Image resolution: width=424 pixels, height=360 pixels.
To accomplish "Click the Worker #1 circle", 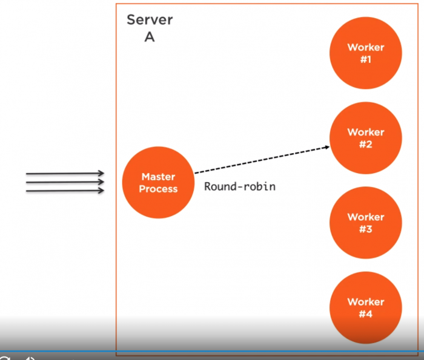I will (x=365, y=53).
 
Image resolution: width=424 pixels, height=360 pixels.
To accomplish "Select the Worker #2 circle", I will (x=365, y=138).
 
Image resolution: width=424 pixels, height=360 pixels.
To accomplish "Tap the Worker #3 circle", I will (x=365, y=223).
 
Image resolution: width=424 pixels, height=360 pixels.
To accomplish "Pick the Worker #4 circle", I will (x=365, y=307).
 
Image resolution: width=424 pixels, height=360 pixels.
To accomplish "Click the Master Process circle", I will (x=158, y=183).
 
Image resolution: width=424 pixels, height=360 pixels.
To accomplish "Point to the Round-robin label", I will (x=240, y=186).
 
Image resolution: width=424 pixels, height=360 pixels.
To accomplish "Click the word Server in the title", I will (x=150, y=20).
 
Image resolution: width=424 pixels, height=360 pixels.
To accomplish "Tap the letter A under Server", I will (x=149, y=36).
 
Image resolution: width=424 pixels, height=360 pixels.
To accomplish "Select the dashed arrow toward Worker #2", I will (x=260, y=160).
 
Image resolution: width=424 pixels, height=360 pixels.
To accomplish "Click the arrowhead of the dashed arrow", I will (x=326, y=147).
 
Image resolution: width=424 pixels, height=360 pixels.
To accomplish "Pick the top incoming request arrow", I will (x=65, y=174).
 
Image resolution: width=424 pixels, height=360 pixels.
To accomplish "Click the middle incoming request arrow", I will (x=65, y=182).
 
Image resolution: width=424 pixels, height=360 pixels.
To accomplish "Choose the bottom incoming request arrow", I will (x=65, y=191).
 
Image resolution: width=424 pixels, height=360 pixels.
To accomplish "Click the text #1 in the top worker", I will (x=365, y=59).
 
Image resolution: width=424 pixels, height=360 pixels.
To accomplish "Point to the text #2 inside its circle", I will (x=365, y=144).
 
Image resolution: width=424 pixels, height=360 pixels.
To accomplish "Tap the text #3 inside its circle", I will (x=365, y=229).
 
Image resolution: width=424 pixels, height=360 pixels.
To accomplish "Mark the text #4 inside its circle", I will (x=365, y=314).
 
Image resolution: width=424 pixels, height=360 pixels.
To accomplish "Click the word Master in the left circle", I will (x=158, y=177).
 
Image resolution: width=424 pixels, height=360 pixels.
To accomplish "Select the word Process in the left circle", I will (x=158, y=189).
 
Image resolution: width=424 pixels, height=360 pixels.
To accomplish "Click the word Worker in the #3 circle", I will (x=365, y=217).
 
